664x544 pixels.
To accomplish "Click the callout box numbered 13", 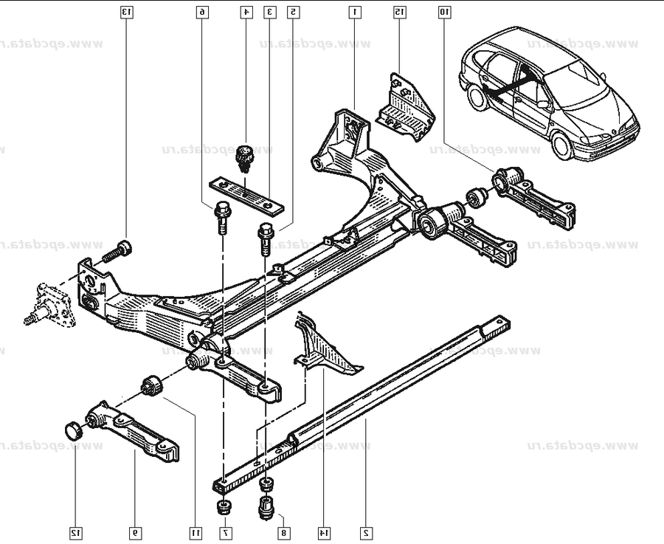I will [x=126, y=12].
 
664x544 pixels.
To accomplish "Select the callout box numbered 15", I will [x=399, y=12].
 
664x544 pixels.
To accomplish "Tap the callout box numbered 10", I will [x=444, y=12].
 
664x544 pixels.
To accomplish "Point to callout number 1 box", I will [x=355, y=12].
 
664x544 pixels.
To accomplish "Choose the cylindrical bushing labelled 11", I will [x=152, y=385].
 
